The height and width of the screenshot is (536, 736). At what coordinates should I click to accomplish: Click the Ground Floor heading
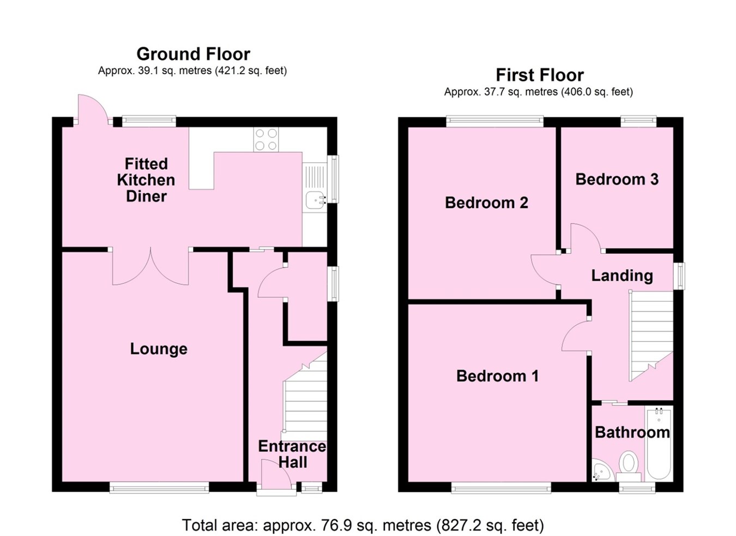pyautogui.click(x=193, y=54)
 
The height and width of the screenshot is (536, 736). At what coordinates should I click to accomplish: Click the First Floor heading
pyautogui.click(x=539, y=75)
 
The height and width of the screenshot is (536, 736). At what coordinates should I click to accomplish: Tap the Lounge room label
pyautogui.click(x=159, y=349)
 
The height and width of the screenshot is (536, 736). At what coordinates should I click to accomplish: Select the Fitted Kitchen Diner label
pyautogui.click(x=146, y=180)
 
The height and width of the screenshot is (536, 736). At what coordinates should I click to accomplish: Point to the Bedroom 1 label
pyautogui.click(x=497, y=376)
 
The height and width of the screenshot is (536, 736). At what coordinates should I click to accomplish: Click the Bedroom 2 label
pyautogui.click(x=486, y=203)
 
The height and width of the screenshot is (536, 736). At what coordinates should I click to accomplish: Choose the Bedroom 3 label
pyautogui.click(x=617, y=179)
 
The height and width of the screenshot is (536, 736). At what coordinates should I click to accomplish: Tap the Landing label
pyautogui.click(x=622, y=276)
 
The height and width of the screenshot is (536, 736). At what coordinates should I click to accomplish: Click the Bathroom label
pyautogui.click(x=632, y=432)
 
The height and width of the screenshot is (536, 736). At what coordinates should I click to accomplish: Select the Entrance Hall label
pyautogui.click(x=292, y=454)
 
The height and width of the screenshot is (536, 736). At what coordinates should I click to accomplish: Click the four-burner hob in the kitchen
pyautogui.click(x=266, y=139)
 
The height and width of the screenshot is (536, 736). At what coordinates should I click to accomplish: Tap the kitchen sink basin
pyautogui.click(x=315, y=200)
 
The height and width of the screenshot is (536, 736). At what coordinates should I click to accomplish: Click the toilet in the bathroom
pyautogui.click(x=629, y=462)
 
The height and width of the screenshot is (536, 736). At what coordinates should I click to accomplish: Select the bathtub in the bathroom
pyautogui.click(x=659, y=443)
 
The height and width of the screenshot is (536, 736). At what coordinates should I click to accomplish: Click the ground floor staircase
pyautogui.click(x=306, y=399)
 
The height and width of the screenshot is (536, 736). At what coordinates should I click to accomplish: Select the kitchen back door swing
pyautogui.click(x=90, y=109)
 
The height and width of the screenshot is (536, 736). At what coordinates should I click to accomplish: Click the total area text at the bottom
pyautogui.click(x=363, y=525)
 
